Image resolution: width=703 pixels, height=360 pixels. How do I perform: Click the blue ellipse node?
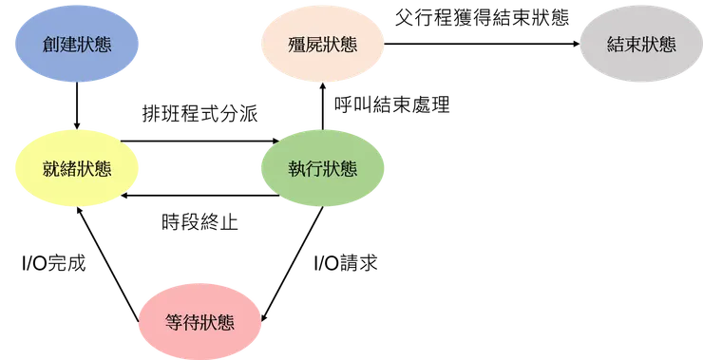point(76,44)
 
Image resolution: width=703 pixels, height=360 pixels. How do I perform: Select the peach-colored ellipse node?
point(323,44)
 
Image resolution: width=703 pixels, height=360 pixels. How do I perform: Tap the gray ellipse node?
point(641,44)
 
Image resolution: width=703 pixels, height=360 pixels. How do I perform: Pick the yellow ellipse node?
point(76,169)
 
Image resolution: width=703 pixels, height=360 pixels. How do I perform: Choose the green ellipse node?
point(323,169)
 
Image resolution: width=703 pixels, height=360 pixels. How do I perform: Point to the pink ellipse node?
point(199,322)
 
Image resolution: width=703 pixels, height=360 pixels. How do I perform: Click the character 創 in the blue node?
point(51,45)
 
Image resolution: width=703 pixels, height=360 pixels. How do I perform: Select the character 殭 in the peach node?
point(297,45)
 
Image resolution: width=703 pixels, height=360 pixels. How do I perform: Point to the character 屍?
point(314,45)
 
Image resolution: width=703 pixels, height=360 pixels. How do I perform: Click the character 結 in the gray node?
point(616,45)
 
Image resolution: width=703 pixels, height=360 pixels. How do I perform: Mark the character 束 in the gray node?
point(633,45)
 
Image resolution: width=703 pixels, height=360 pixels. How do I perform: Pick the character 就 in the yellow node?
point(51,170)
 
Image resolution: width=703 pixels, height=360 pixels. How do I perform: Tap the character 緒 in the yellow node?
point(68,170)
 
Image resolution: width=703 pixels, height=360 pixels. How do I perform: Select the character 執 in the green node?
point(297,170)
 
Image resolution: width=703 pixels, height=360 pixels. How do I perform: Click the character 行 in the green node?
point(314,170)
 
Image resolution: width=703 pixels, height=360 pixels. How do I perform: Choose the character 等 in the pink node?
point(174,323)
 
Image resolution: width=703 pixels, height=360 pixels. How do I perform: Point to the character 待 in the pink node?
point(191,323)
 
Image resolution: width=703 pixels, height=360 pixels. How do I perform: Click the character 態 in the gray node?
point(667,45)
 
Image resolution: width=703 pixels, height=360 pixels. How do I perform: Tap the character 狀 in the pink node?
point(208,323)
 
